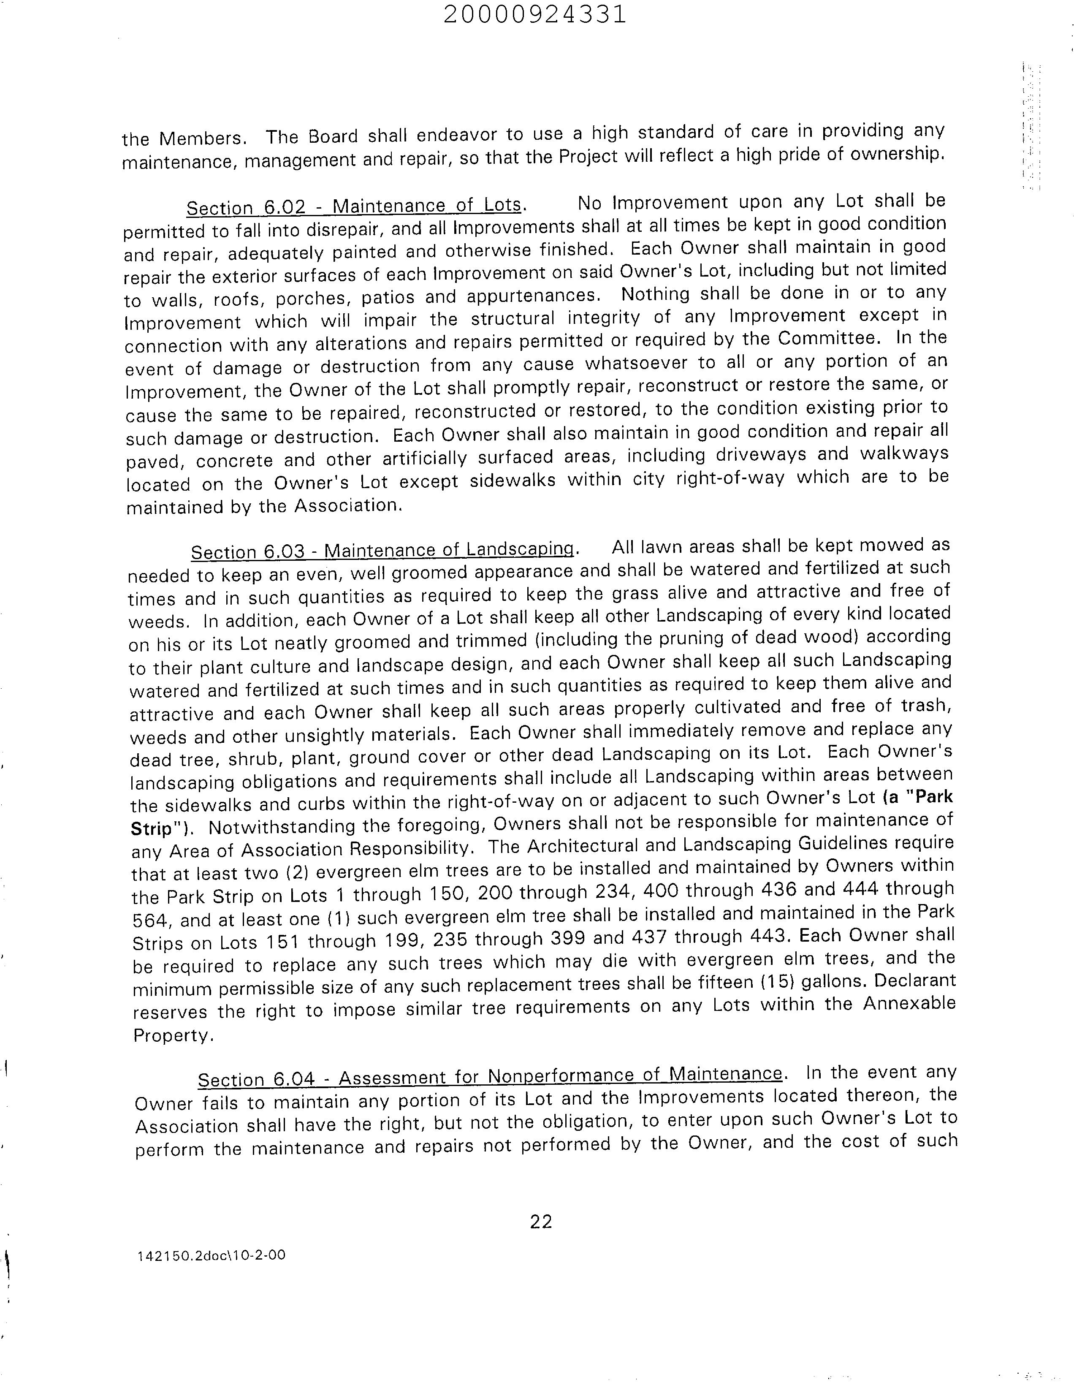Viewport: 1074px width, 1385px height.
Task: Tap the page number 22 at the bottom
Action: click(x=541, y=1222)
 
